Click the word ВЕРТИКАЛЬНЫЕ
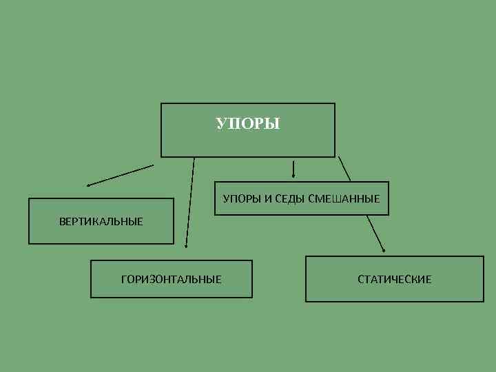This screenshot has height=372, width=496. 101,221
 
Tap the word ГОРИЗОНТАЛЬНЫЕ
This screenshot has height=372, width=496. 171,279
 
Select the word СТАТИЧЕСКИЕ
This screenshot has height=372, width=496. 394,279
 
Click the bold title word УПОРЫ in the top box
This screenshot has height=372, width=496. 248,124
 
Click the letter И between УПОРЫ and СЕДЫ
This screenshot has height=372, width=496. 268,199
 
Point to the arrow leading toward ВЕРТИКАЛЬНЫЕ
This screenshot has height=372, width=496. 121,175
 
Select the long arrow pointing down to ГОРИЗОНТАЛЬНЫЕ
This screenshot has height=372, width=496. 190,203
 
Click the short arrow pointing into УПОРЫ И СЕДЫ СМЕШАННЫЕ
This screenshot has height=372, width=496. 294,168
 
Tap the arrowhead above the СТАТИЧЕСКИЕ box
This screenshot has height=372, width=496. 384,250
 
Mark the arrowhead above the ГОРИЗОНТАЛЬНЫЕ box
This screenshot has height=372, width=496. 186,245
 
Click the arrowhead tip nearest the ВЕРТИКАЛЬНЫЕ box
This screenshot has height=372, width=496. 88,185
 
